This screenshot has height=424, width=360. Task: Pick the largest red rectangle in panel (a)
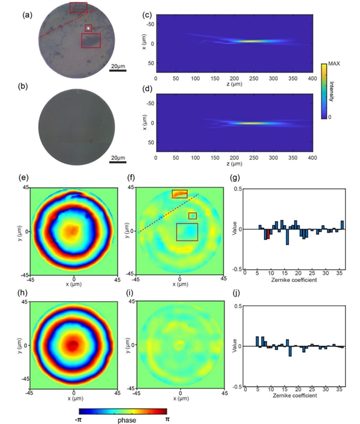[x=91, y=41]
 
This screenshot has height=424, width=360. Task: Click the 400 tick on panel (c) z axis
[x=312, y=79]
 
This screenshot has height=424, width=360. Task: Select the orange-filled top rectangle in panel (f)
[x=180, y=194]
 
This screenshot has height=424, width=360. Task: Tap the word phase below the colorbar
[x=123, y=419]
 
